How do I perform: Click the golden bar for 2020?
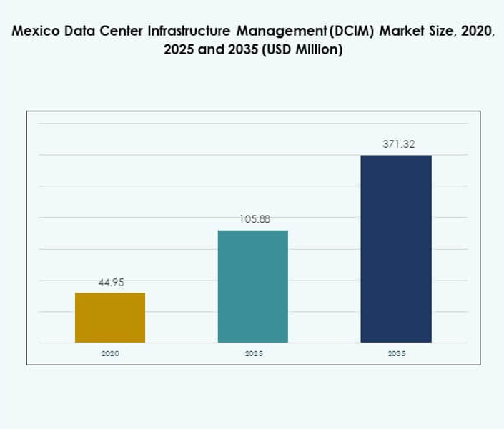pos(110,318)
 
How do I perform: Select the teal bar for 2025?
pos(252,286)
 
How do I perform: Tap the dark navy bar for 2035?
pos(395,248)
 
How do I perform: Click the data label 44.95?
pos(111,283)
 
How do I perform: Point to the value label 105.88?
pos(254,220)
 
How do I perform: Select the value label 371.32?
pos(397,144)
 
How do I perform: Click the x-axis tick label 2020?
pos(110,353)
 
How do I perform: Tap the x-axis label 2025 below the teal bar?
pos(253,353)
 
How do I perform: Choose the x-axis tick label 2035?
pos(395,353)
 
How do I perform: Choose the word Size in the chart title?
pos(443,32)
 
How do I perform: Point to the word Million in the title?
pos(320,51)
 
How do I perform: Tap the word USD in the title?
pos(280,51)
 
